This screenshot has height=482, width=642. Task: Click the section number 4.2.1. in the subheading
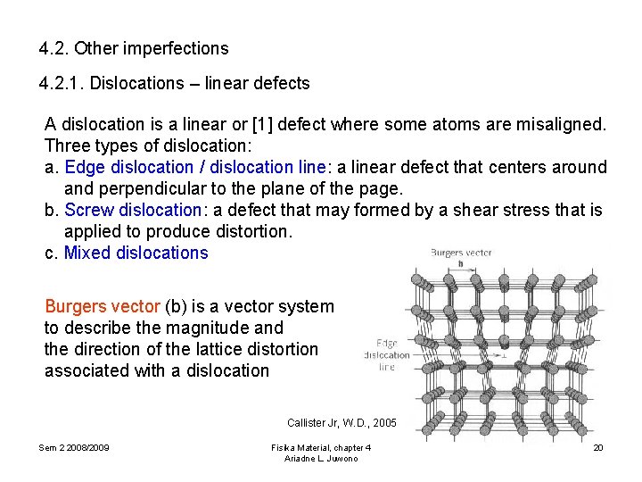tap(62, 84)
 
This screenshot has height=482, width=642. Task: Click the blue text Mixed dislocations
tap(136, 253)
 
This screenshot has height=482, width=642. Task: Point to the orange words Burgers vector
tap(102, 306)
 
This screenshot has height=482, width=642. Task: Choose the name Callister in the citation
tap(307, 422)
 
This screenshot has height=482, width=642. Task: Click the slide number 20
tap(598, 446)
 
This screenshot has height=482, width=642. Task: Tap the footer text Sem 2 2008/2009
tap(74, 446)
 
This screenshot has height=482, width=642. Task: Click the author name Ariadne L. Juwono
tap(321, 458)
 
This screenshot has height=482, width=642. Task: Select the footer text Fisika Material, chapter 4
tap(321, 446)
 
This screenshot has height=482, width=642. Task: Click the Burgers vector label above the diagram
tap(461, 253)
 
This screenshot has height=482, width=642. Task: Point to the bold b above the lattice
tap(460, 264)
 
